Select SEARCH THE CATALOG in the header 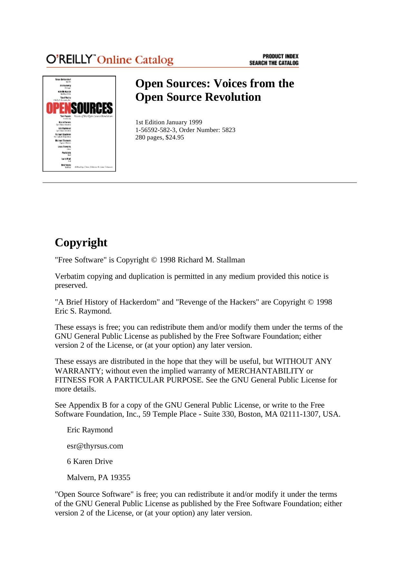pos(274,63)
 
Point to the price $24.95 pos(175,138)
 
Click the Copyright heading pos(81,242)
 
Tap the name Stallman pos(231,260)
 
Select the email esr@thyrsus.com pos(95,446)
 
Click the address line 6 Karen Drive pos(90,462)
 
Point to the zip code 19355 pos(120,478)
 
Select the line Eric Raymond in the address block pos(90,430)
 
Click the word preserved pos(71,286)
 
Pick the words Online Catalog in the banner pos(135,60)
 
